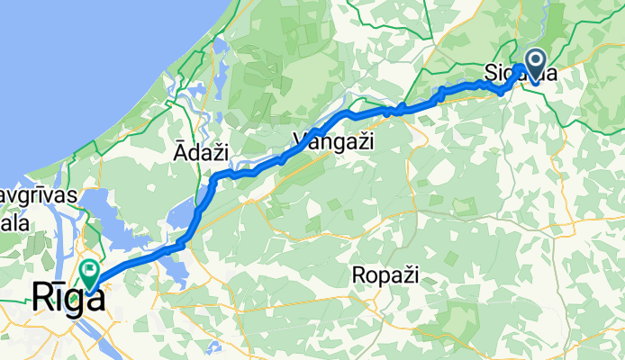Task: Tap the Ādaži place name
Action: (198, 155)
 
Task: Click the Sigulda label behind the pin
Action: (531, 72)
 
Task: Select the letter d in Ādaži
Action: (191, 155)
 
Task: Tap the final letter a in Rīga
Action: (92, 299)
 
